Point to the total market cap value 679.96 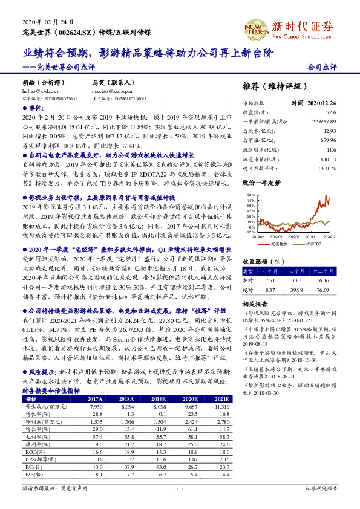coord(327,140)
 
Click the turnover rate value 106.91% coord(326,167)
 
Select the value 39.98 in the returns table coord(297,290)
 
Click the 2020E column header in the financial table coord(192,400)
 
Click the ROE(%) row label coord(31,451)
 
